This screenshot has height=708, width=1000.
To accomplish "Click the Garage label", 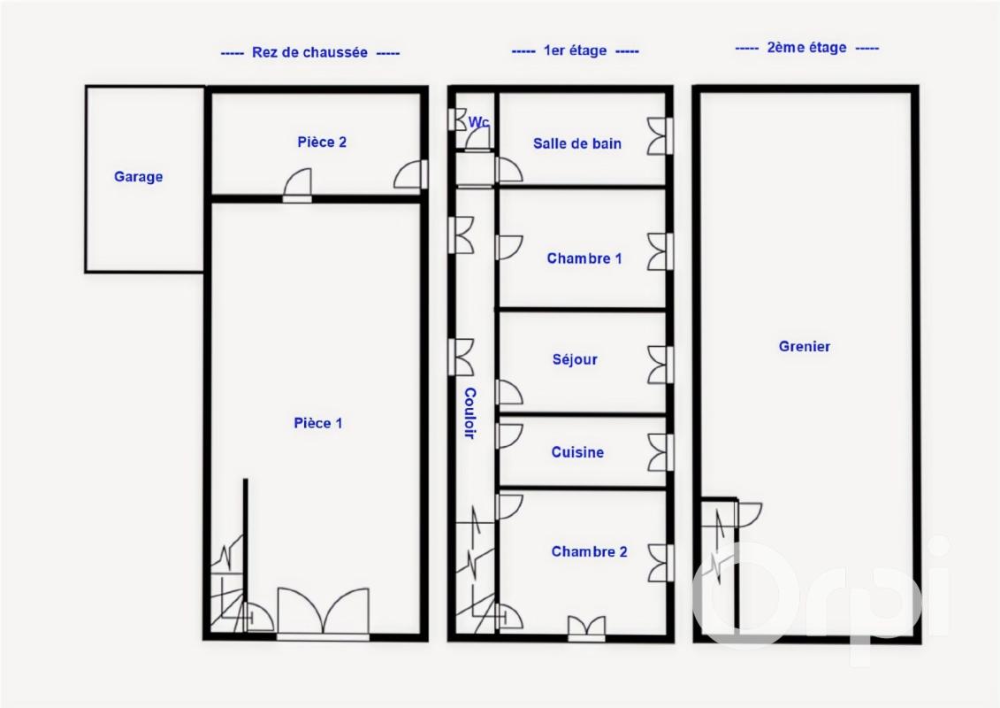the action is click(139, 176).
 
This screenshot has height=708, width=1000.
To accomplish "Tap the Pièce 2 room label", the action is click(322, 142).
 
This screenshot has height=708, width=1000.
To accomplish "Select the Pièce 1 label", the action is click(318, 423).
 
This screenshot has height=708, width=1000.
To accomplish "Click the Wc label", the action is click(479, 121).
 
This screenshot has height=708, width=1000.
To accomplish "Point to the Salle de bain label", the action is click(577, 143).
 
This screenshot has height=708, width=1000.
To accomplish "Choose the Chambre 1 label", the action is click(584, 258).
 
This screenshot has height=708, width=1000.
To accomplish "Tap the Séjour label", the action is click(576, 359).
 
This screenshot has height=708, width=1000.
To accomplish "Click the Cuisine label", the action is click(577, 452).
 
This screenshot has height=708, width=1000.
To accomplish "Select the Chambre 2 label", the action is click(589, 551).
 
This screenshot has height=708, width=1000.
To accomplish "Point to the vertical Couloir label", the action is click(470, 413).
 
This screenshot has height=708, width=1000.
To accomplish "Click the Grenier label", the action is click(805, 346).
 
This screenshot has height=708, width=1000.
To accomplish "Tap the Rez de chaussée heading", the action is click(310, 52).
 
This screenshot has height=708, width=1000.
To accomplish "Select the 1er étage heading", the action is click(576, 50).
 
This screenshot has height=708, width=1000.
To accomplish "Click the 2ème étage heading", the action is click(806, 47).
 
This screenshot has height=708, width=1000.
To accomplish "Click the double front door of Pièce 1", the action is click(324, 613).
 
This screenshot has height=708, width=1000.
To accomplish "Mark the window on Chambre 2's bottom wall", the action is click(587, 628).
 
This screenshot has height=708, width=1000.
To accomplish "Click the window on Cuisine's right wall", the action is click(660, 452).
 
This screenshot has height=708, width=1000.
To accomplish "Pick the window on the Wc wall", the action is click(457, 120).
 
